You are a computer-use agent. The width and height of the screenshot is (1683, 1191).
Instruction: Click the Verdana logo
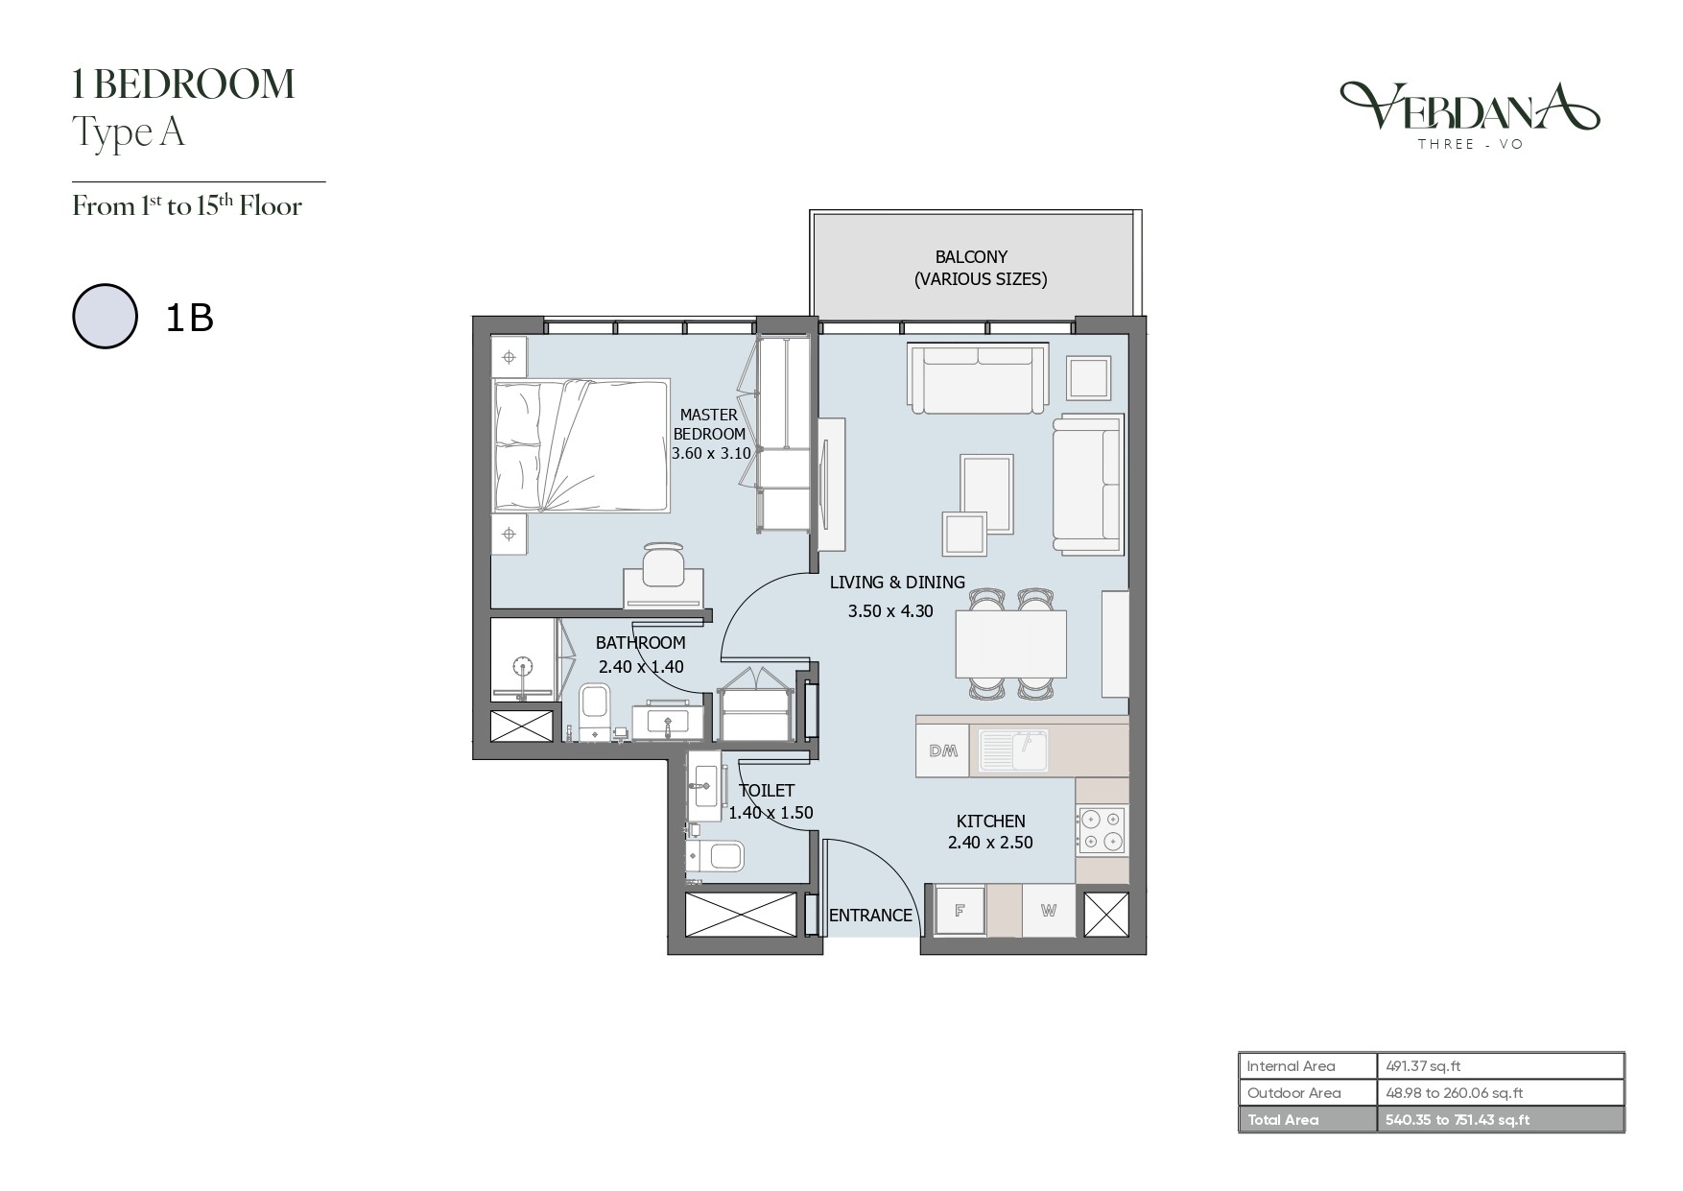point(1469,114)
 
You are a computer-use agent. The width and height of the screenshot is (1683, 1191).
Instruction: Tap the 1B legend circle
point(105,316)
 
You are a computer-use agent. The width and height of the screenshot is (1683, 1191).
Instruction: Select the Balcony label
point(971,257)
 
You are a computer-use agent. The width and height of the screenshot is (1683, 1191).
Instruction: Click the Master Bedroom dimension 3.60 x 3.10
point(711,453)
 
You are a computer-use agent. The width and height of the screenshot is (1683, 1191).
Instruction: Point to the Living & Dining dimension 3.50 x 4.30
point(890,610)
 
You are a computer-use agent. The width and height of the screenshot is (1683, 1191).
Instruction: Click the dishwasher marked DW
point(943,750)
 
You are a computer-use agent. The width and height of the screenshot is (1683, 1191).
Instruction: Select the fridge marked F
point(960,910)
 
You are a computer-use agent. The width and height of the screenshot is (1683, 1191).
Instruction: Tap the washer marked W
point(1048,910)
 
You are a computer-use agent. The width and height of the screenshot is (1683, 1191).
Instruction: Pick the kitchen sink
point(1014,750)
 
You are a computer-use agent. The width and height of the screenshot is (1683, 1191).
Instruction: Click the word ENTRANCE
point(870,916)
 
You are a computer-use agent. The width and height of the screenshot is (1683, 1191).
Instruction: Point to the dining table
point(1011,644)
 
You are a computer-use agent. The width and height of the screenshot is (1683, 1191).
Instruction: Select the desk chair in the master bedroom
point(663,563)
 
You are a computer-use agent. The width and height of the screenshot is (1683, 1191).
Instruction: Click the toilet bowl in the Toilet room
point(716,856)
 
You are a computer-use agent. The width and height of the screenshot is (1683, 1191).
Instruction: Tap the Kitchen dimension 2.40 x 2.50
point(990,843)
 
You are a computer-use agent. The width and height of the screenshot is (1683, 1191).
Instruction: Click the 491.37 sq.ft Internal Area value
point(1423,1065)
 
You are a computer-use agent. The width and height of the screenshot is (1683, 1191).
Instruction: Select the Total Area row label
point(1282,1119)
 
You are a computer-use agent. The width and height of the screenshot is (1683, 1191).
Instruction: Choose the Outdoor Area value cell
point(1501,1092)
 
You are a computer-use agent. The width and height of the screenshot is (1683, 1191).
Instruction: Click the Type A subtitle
point(129,132)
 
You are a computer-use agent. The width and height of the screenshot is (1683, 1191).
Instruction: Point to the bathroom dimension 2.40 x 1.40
point(641,666)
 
